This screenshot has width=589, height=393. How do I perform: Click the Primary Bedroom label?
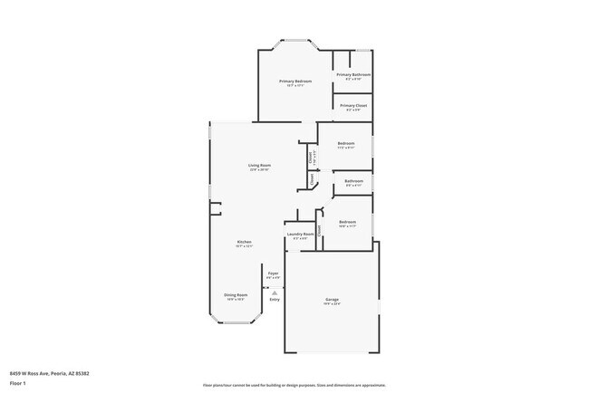pyautogui.click(x=296, y=81)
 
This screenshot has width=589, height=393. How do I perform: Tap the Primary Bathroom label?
pyautogui.click(x=353, y=74)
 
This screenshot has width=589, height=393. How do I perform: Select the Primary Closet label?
pyautogui.click(x=353, y=106)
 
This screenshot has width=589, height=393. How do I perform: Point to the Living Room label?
pyautogui.click(x=260, y=165)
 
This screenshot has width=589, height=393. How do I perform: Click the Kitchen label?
pyautogui.click(x=244, y=242)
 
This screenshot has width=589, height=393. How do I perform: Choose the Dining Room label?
pyautogui.click(x=236, y=294)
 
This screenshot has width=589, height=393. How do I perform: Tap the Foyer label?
pyautogui.click(x=273, y=272)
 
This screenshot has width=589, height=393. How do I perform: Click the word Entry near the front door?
pyautogui.click(x=274, y=299)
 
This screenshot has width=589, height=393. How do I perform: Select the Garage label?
pyautogui.click(x=333, y=299)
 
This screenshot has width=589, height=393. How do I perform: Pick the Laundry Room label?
pyautogui.click(x=300, y=234)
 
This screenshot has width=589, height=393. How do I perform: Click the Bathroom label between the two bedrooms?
pyautogui.click(x=353, y=181)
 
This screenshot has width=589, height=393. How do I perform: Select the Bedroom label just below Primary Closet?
pyautogui.click(x=346, y=144)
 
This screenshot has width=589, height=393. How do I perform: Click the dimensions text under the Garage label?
pyautogui.click(x=333, y=304)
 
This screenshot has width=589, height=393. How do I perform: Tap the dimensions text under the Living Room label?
pyautogui.click(x=260, y=170)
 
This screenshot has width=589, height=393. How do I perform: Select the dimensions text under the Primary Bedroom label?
pyautogui.click(x=296, y=87)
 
